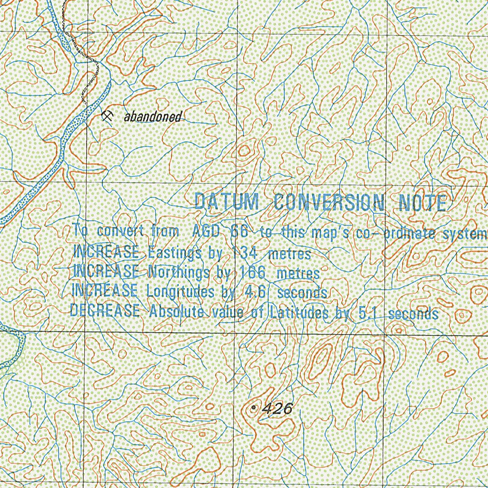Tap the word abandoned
(x=152, y=117)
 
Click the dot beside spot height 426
(x=254, y=408)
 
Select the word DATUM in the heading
(x=226, y=202)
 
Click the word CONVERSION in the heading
(x=329, y=203)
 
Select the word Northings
(x=179, y=272)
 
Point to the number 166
(x=253, y=273)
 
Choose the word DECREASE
(x=105, y=311)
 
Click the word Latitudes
(x=298, y=313)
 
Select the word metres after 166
(x=298, y=274)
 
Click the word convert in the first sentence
(x=121, y=232)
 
